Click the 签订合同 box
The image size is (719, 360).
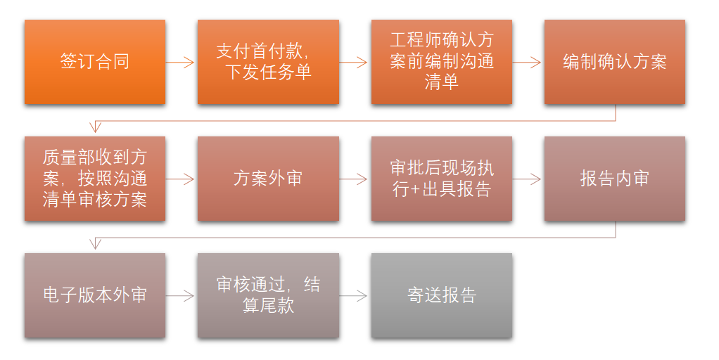(x=95, y=62)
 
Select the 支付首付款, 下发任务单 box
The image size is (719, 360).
(x=268, y=62)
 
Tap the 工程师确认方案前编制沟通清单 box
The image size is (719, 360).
(x=442, y=62)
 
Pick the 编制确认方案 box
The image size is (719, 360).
(x=615, y=62)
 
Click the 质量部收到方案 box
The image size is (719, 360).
(x=95, y=179)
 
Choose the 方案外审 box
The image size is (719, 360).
(x=268, y=179)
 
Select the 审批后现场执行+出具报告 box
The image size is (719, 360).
(x=442, y=179)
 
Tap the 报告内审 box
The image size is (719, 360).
(x=615, y=179)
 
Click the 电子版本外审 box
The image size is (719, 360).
(x=95, y=295)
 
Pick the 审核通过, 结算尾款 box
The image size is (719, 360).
(x=268, y=295)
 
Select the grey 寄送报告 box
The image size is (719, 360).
(x=442, y=295)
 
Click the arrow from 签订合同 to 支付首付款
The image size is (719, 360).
(x=180, y=63)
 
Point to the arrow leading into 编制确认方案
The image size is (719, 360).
(x=527, y=63)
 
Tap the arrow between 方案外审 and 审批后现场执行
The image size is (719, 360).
(x=354, y=179)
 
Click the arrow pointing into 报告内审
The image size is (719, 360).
(x=527, y=179)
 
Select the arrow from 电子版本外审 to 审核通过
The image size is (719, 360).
(x=180, y=296)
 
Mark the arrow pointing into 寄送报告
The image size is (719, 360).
(x=354, y=296)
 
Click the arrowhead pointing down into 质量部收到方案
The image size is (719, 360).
(x=95, y=127)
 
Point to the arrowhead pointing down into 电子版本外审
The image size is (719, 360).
(x=95, y=244)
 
